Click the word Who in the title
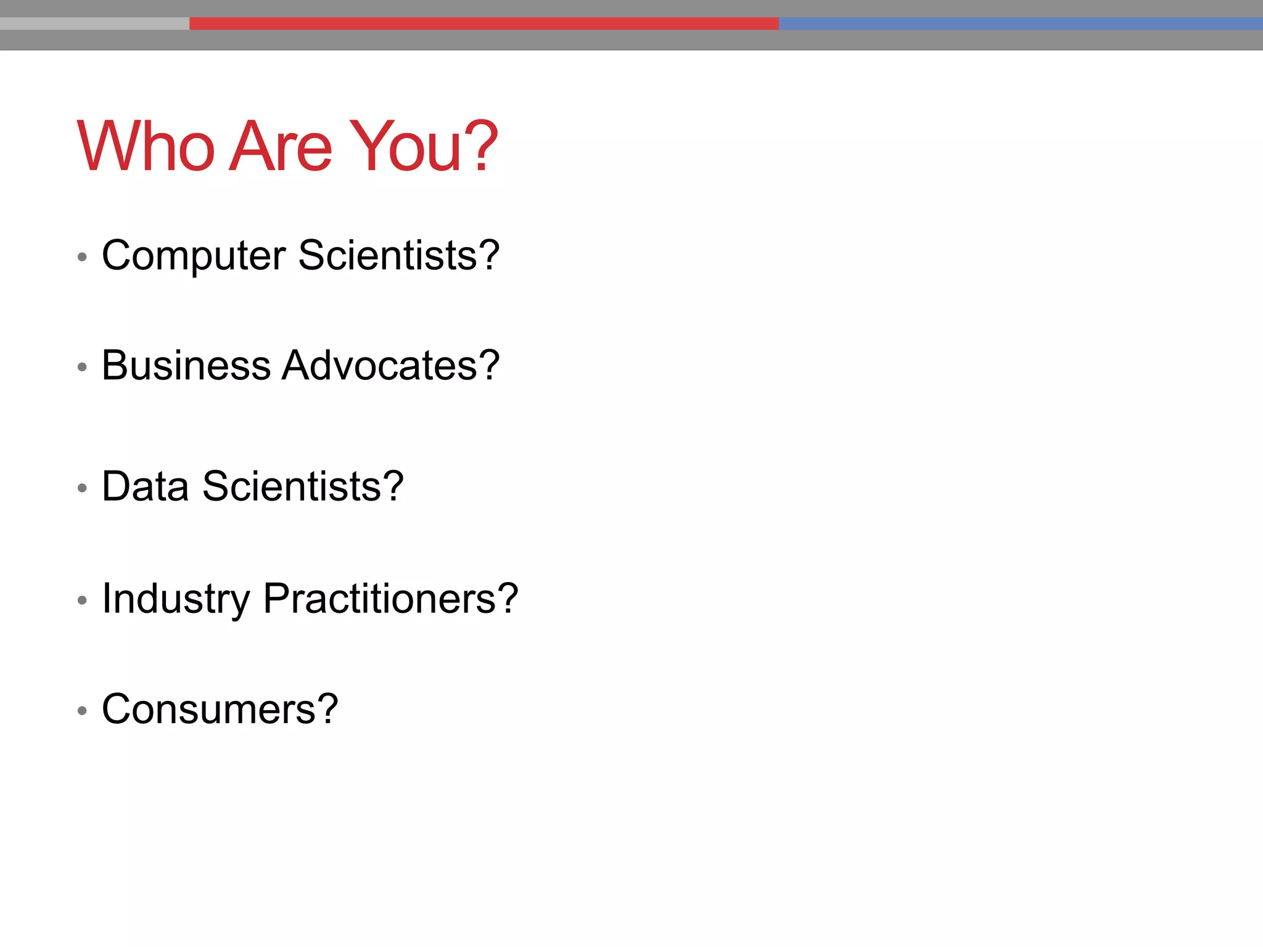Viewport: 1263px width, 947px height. pyautogui.click(x=146, y=147)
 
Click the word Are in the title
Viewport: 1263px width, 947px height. pyautogui.click(x=281, y=147)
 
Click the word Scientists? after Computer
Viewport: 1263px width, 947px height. pyautogui.click(x=399, y=255)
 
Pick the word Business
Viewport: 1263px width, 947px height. pyautogui.click(x=186, y=365)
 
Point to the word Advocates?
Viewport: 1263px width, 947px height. pyautogui.click(x=390, y=365)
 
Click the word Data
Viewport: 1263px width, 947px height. pyautogui.click(x=145, y=486)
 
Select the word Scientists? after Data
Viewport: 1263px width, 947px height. pyautogui.click(x=303, y=486)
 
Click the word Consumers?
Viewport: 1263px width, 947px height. pyautogui.click(x=220, y=709)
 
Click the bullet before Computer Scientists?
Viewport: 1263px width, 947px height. pyautogui.click(x=82, y=256)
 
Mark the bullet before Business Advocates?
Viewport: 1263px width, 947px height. pyautogui.click(x=82, y=367)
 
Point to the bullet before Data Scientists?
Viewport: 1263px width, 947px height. pyautogui.click(x=82, y=488)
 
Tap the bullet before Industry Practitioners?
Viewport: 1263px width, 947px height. pyautogui.click(x=82, y=600)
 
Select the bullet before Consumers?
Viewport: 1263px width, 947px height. pyautogui.click(x=82, y=711)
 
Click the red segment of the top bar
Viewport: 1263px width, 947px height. pyautogui.click(x=483, y=23)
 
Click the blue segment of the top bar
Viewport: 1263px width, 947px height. pyautogui.click(x=1020, y=23)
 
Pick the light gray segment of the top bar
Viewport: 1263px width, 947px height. pyautogui.click(x=94, y=23)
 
